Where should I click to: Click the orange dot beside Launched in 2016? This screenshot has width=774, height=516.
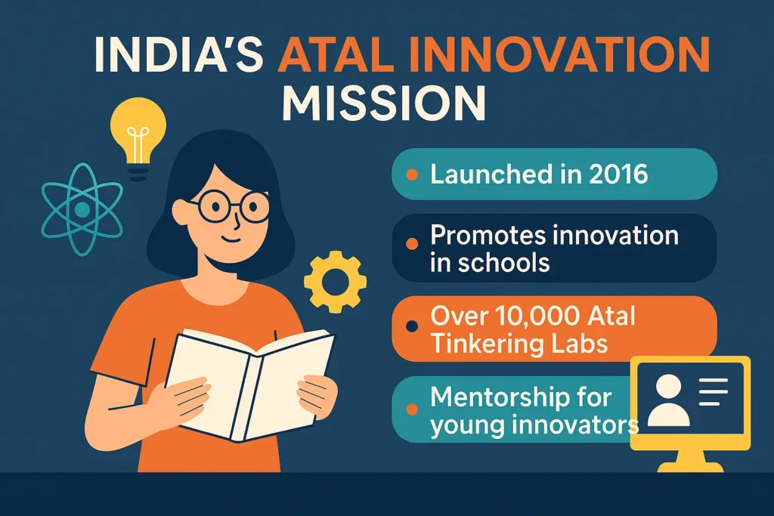[x=412, y=175]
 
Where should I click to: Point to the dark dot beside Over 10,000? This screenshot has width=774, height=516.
[x=412, y=327]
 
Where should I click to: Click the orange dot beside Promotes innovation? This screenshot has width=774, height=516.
[x=412, y=244]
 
